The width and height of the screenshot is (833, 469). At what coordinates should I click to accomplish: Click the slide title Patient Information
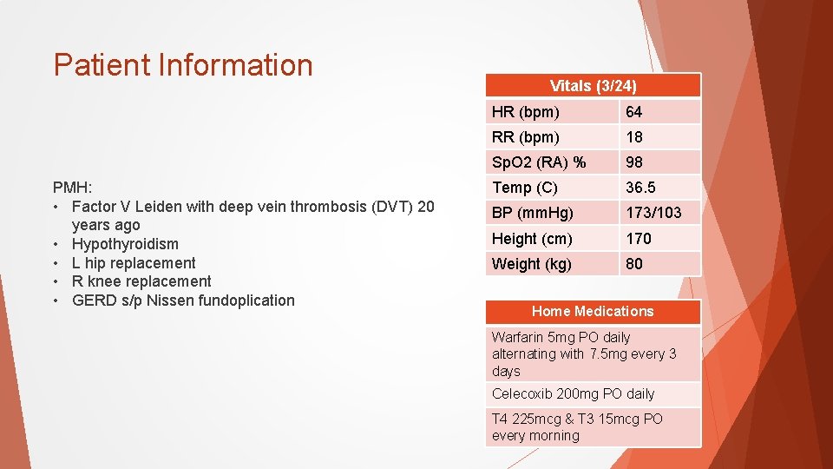pyautogui.click(x=182, y=65)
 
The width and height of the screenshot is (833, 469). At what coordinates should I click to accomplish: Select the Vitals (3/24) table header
pyautogui.click(x=593, y=86)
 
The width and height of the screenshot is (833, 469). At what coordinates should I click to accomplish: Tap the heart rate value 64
pyautogui.click(x=634, y=112)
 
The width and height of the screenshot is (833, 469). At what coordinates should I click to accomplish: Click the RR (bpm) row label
pyautogui.click(x=526, y=137)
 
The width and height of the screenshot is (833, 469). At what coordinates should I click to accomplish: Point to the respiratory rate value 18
pyautogui.click(x=634, y=137)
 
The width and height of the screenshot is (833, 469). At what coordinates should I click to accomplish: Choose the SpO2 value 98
pyautogui.click(x=634, y=162)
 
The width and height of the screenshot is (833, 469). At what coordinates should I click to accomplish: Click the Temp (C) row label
pyautogui.click(x=524, y=188)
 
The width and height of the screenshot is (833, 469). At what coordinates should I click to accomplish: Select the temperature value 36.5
pyautogui.click(x=640, y=188)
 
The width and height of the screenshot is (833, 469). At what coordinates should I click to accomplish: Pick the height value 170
pyautogui.click(x=639, y=238)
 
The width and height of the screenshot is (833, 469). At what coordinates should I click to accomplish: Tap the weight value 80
pyautogui.click(x=634, y=263)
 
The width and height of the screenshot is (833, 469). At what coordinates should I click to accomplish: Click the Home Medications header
pyautogui.click(x=593, y=311)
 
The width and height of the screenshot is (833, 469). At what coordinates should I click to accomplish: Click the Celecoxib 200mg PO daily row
pyautogui.click(x=573, y=394)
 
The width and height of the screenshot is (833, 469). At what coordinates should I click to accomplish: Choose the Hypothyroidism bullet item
pyautogui.click(x=125, y=244)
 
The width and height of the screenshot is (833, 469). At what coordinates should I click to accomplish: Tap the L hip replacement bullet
pyautogui.click(x=134, y=263)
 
